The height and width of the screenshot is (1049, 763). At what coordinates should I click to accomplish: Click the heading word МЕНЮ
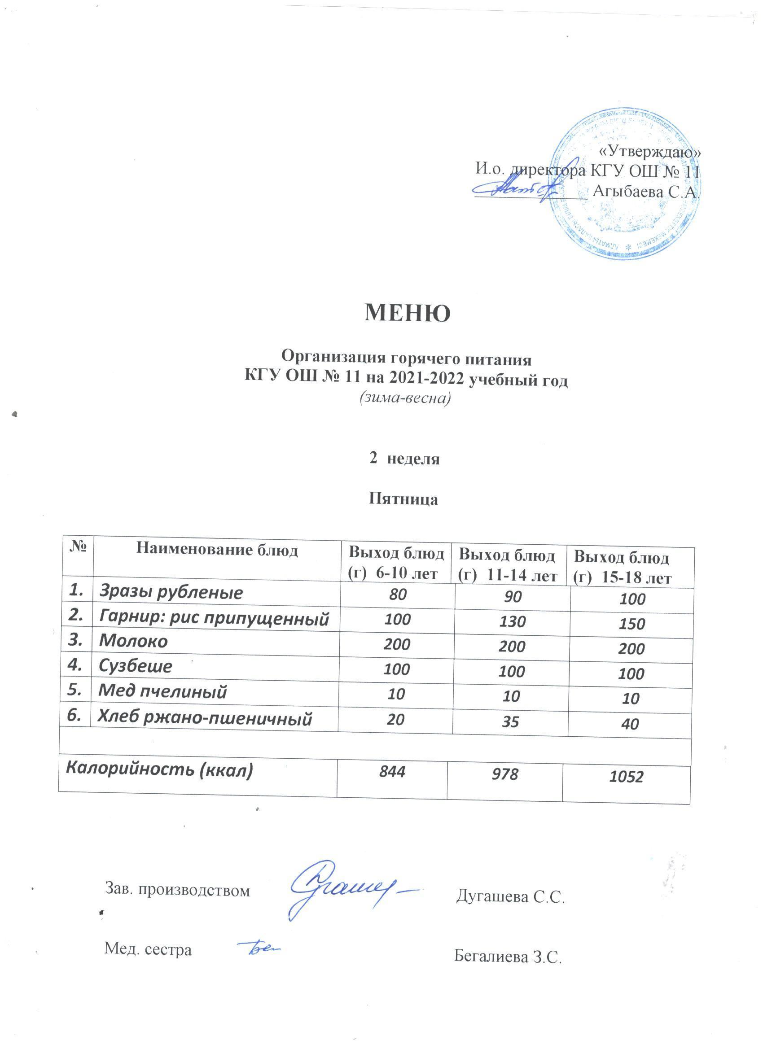pyautogui.click(x=407, y=313)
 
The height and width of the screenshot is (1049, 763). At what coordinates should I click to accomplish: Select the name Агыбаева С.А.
pyautogui.click(x=645, y=192)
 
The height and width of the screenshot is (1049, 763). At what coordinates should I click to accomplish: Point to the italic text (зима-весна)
pyautogui.click(x=405, y=398)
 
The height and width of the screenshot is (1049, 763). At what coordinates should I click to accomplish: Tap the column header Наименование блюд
pyautogui.click(x=217, y=550)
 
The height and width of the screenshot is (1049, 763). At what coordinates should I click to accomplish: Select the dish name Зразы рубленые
pyautogui.click(x=171, y=593)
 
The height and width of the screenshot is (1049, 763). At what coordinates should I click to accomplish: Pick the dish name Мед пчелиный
pyautogui.click(x=162, y=691)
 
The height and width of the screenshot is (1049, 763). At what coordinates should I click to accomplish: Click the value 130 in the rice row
pyautogui.click(x=513, y=621)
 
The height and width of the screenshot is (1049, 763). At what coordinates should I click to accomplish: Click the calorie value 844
pyautogui.click(x=392, y=771)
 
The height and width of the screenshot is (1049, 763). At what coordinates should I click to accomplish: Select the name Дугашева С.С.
pyautogui.click(x=511, y=897)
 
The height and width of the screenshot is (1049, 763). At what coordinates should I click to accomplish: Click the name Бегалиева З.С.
pyautogui.click(x=508, y=955)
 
